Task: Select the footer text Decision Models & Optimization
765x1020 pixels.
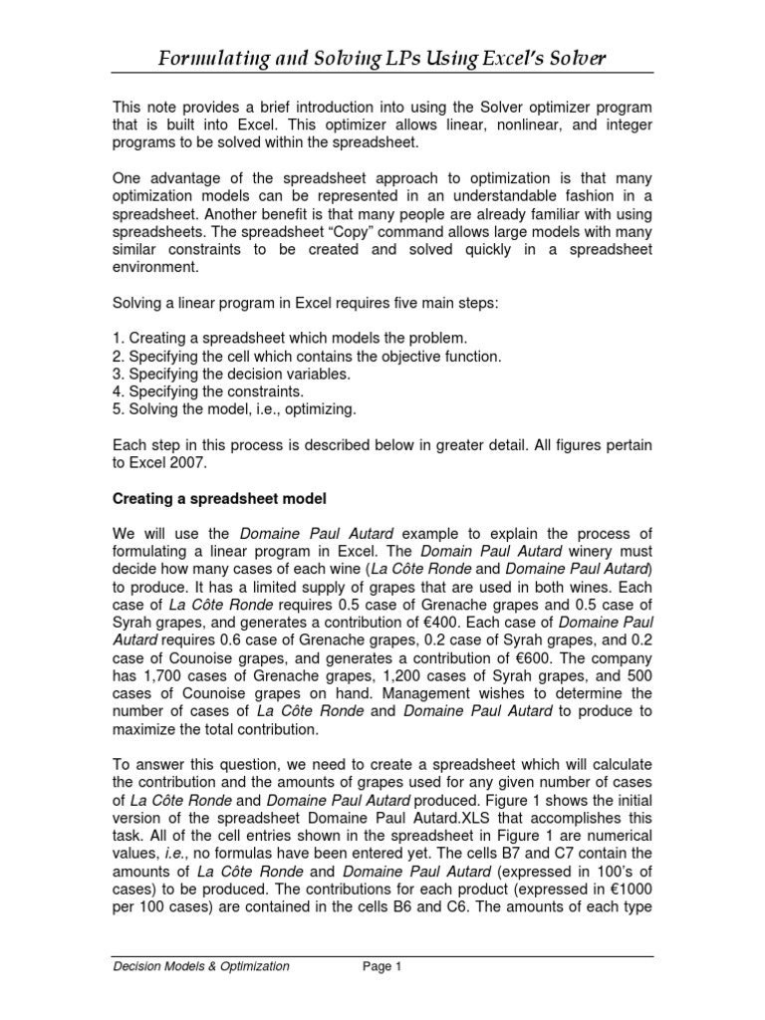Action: [x=199, y=966]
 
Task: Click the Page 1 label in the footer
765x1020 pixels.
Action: [x=379, y=966]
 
